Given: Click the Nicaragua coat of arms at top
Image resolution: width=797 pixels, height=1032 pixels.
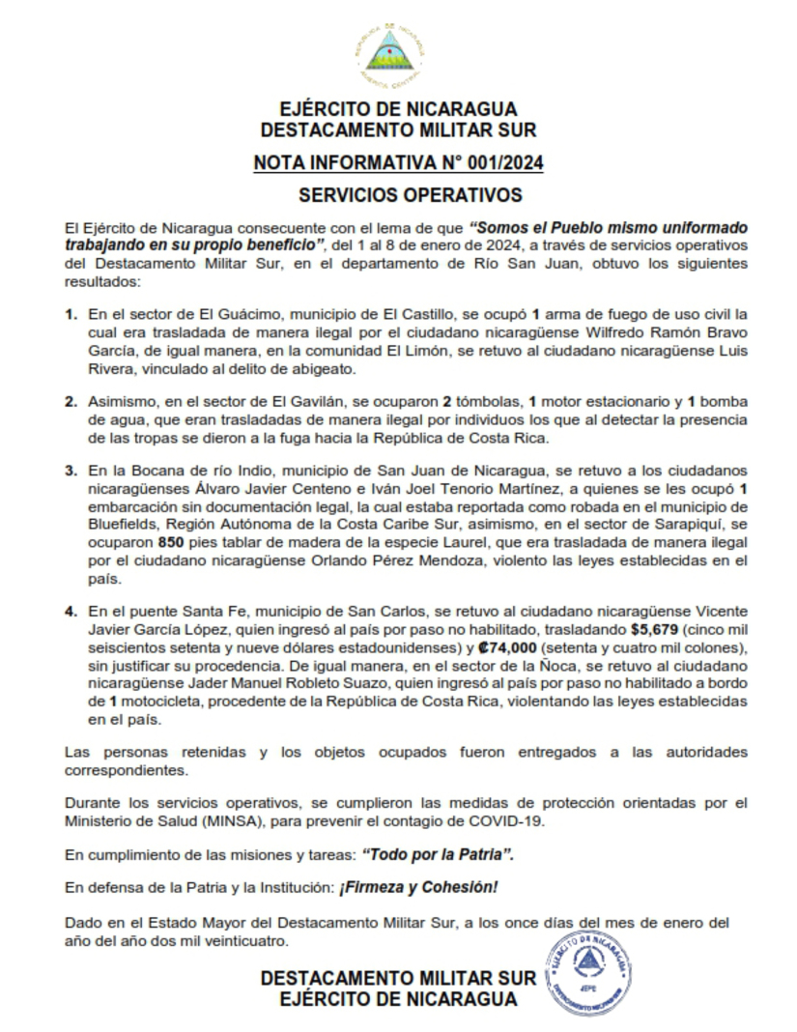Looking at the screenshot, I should pos(389,52).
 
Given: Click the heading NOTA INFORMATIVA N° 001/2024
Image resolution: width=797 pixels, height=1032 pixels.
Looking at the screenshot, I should pos(398,162).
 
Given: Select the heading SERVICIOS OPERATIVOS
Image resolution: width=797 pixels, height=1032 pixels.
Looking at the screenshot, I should pos(397,195).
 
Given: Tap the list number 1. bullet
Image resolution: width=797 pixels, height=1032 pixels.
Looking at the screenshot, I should pos(71,315).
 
